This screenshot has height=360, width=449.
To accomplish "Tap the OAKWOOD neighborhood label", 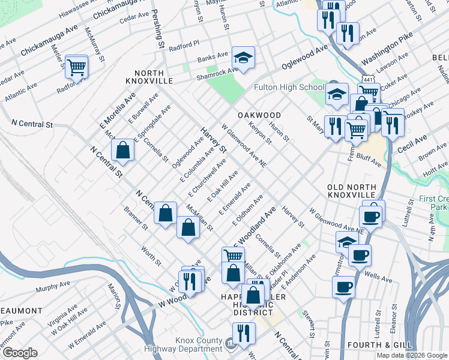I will (259, 115).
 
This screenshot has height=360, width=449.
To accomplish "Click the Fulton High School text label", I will (289, 88).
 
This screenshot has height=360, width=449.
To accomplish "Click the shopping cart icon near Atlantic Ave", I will (76, 67).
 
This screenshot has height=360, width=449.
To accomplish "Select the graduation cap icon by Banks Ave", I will (243, 58).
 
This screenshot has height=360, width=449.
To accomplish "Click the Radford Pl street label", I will (183, 45).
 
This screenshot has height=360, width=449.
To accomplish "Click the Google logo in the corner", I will (20, 353).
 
